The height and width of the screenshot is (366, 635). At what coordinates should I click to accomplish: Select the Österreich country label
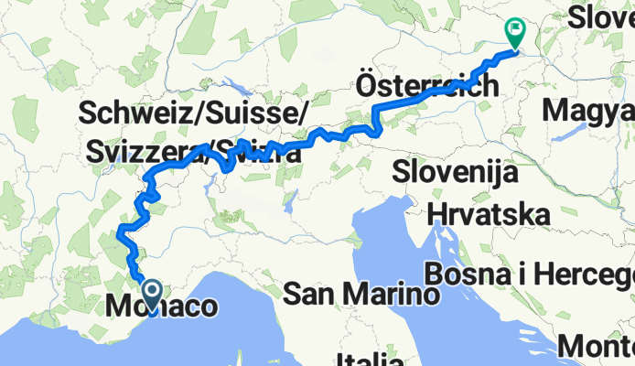coord(426,88)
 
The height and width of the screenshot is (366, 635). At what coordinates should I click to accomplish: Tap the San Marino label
coord(359,295)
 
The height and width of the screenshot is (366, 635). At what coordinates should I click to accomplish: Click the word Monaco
coord(163,307)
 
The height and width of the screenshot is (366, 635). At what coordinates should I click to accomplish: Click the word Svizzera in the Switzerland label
coord(139,155)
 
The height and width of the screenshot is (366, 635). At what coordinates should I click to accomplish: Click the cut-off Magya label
coord(588,112)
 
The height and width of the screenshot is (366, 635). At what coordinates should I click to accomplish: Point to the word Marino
coord(384,295)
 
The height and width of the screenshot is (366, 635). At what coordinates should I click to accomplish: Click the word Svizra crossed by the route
coord(258,154)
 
